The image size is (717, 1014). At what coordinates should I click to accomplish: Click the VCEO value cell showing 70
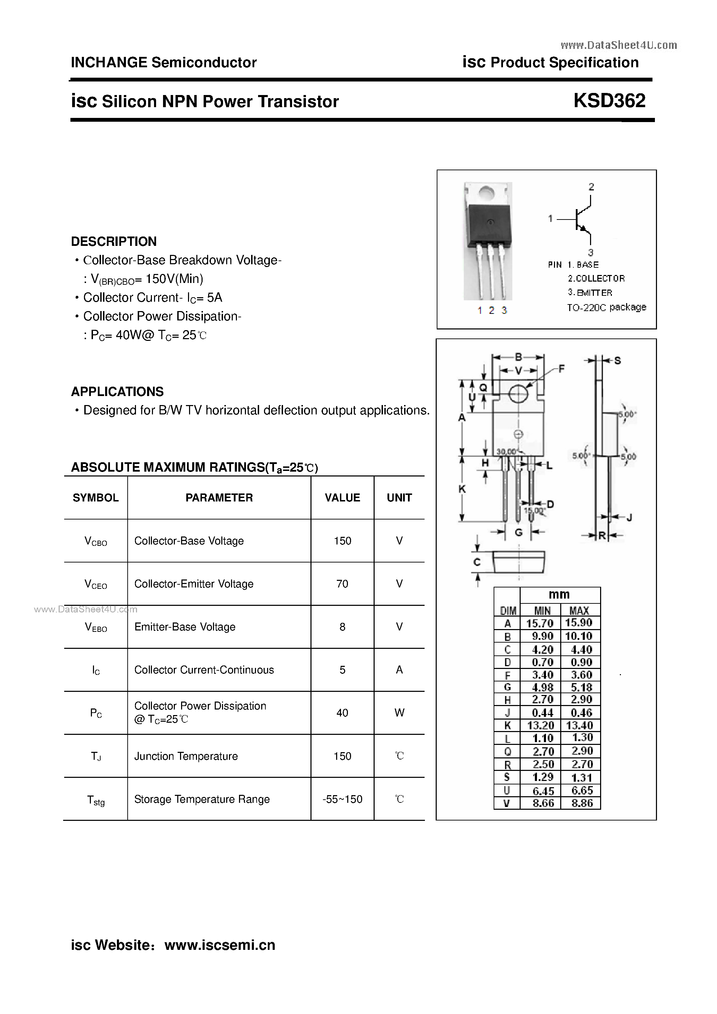tap(342, 584)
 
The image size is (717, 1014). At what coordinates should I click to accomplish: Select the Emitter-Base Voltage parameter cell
tap(185, 627)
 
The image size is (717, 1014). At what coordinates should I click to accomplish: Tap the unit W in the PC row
tap(399, 712)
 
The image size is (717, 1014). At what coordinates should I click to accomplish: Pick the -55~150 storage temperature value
tap(342, 799)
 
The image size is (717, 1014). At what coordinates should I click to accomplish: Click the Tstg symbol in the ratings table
tap(96, 800)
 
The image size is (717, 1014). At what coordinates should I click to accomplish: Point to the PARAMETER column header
tap(219, 498)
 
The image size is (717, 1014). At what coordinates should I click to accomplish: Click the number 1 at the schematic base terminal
tap(550, 218)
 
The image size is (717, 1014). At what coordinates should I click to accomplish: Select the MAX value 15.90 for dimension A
tap(578, 623)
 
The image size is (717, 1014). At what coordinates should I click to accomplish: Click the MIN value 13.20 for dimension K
tap(540, 725)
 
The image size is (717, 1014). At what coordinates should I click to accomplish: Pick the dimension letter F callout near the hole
tap(562, 368)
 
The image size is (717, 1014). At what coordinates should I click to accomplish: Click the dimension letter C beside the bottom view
tap(477, 562)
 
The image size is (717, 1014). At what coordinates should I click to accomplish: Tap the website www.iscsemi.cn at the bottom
tap(220, 945)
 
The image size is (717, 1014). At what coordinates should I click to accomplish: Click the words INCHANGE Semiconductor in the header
tap(163, 63)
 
